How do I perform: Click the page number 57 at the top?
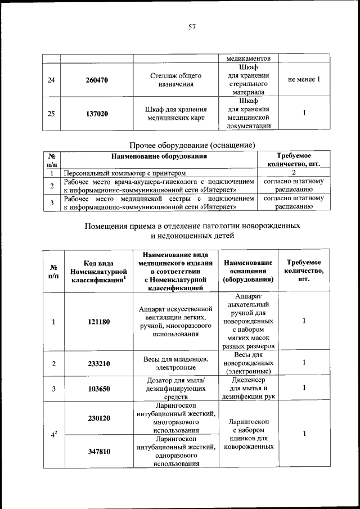click(x=191, y=27)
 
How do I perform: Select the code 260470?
click(x=97, y=80)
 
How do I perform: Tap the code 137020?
click(x=97, y=114)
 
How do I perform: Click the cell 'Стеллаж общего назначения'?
click(x=176, y=80)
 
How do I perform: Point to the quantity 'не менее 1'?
click(x=304, y=80)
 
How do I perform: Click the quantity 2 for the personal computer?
click(x=293, y=173)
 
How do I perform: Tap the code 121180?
click(x=98, y=322)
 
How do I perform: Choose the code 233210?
click(x=98, y=363)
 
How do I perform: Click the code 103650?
click(x=98, y=388)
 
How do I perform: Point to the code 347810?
click(x=98, y=451)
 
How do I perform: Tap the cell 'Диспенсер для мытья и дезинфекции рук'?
click(x=248, y=388)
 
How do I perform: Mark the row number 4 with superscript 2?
click(x=54, y=434)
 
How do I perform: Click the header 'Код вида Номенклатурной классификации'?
click(x=98, y=271)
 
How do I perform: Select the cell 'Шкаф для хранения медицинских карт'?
click(x=176, y=114)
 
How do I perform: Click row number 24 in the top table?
click(x=52, y=80)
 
